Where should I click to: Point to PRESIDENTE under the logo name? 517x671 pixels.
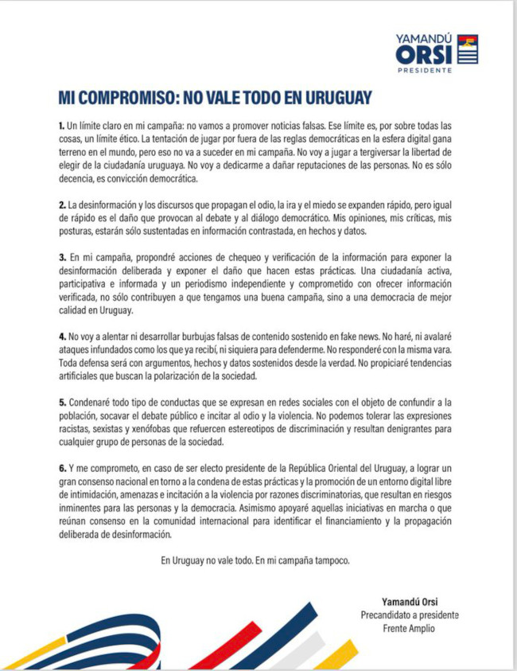click(x=426, y=70)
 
